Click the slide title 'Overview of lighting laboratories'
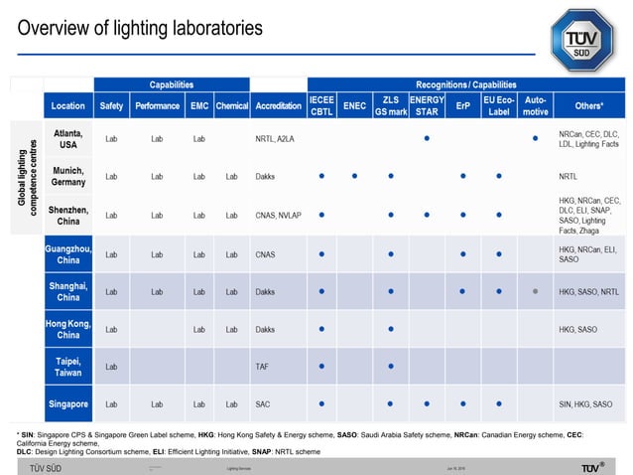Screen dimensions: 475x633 pyautogui.click(x=140, y=29)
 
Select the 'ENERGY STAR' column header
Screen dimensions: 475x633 pyautogui.click(x=427, y=105)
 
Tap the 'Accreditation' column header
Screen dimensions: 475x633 pyautogui.click(x=278, y=105)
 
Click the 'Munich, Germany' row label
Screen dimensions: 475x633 pyautogui.click(x=68, y=177)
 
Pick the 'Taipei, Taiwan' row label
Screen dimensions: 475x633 pyautogui.click(x=68, y=367)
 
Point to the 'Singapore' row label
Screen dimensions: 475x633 pyautogui.click(x=68, y=404)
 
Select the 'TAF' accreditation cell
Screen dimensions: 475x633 pyautogui.click(x=262, y=367)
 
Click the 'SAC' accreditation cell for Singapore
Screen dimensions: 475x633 pyautogui.click(x=262, y=404)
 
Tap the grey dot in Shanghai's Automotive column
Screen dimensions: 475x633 pyautogui.click(x=535, y=291)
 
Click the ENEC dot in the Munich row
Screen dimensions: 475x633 pyautogui.click(x=354, y=177)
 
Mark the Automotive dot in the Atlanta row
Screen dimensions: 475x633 pyautogui.click(x=535, y=139)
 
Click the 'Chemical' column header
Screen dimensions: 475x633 pyautogui.click(x=231, y=105)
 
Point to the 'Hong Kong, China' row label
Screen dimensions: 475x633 pyautogui.click(x=68, y=329)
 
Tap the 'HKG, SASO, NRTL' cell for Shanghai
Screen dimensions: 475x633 pyautogui.click(x=588, y=291)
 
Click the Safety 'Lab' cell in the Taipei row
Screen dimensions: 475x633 pyautogui.click(x=111, y=367)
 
